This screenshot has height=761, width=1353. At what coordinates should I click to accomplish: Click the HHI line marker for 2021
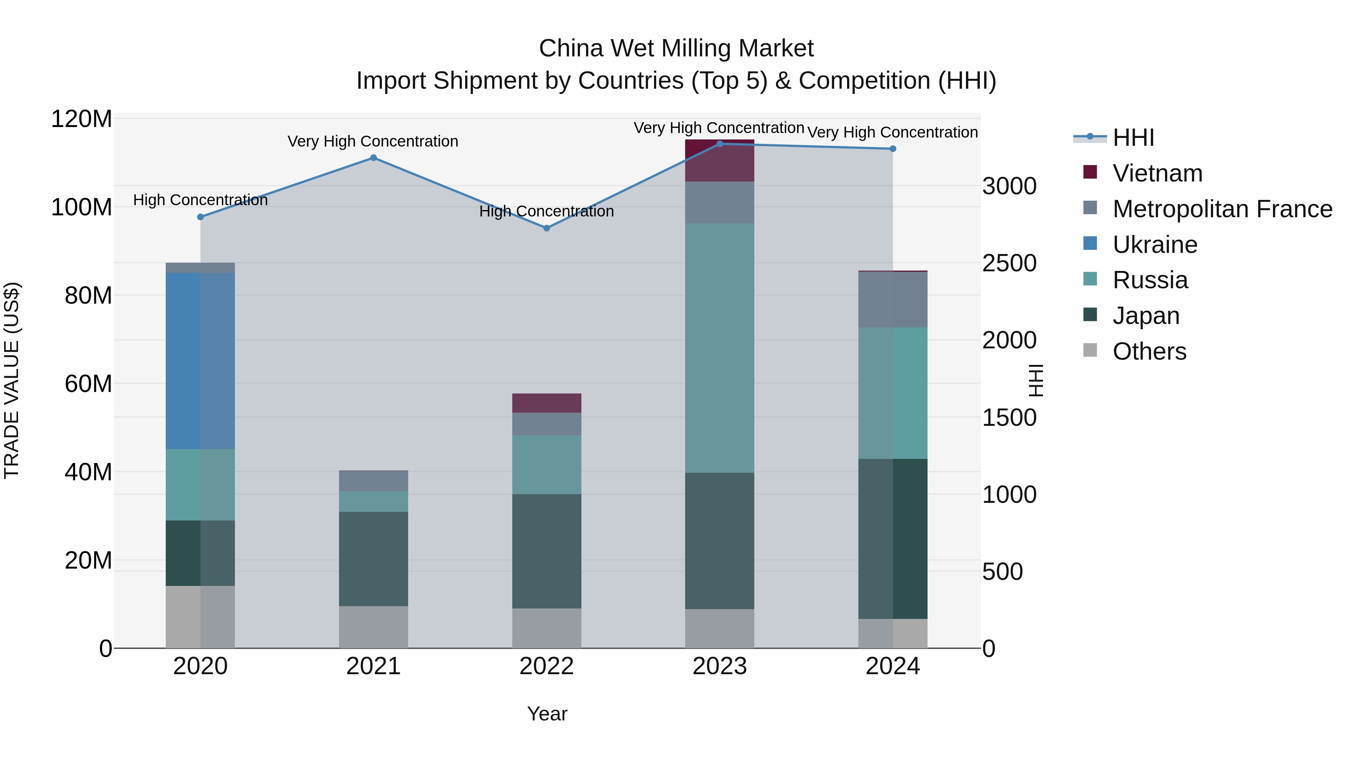click(374, 157)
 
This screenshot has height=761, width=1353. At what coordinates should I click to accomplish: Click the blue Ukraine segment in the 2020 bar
click(200, 360)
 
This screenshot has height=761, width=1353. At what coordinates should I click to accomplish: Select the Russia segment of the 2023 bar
click(720, 348)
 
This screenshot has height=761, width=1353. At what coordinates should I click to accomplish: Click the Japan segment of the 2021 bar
click(374, 558)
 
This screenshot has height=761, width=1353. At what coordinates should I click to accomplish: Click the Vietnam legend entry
click(1157, 173)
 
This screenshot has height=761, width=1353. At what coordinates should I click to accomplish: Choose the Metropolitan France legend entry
click(1222, 209)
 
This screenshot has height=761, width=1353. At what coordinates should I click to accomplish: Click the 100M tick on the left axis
click(82, 207)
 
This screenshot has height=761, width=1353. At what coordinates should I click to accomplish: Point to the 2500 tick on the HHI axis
click(1009, 263)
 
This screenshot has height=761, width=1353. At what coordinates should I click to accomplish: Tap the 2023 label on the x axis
click(720, 666)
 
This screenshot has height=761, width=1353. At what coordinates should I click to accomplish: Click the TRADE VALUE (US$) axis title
click(12, 380)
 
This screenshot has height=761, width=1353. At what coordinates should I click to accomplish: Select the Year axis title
click(547, 714)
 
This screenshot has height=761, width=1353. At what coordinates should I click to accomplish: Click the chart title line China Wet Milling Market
click(676, 48)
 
